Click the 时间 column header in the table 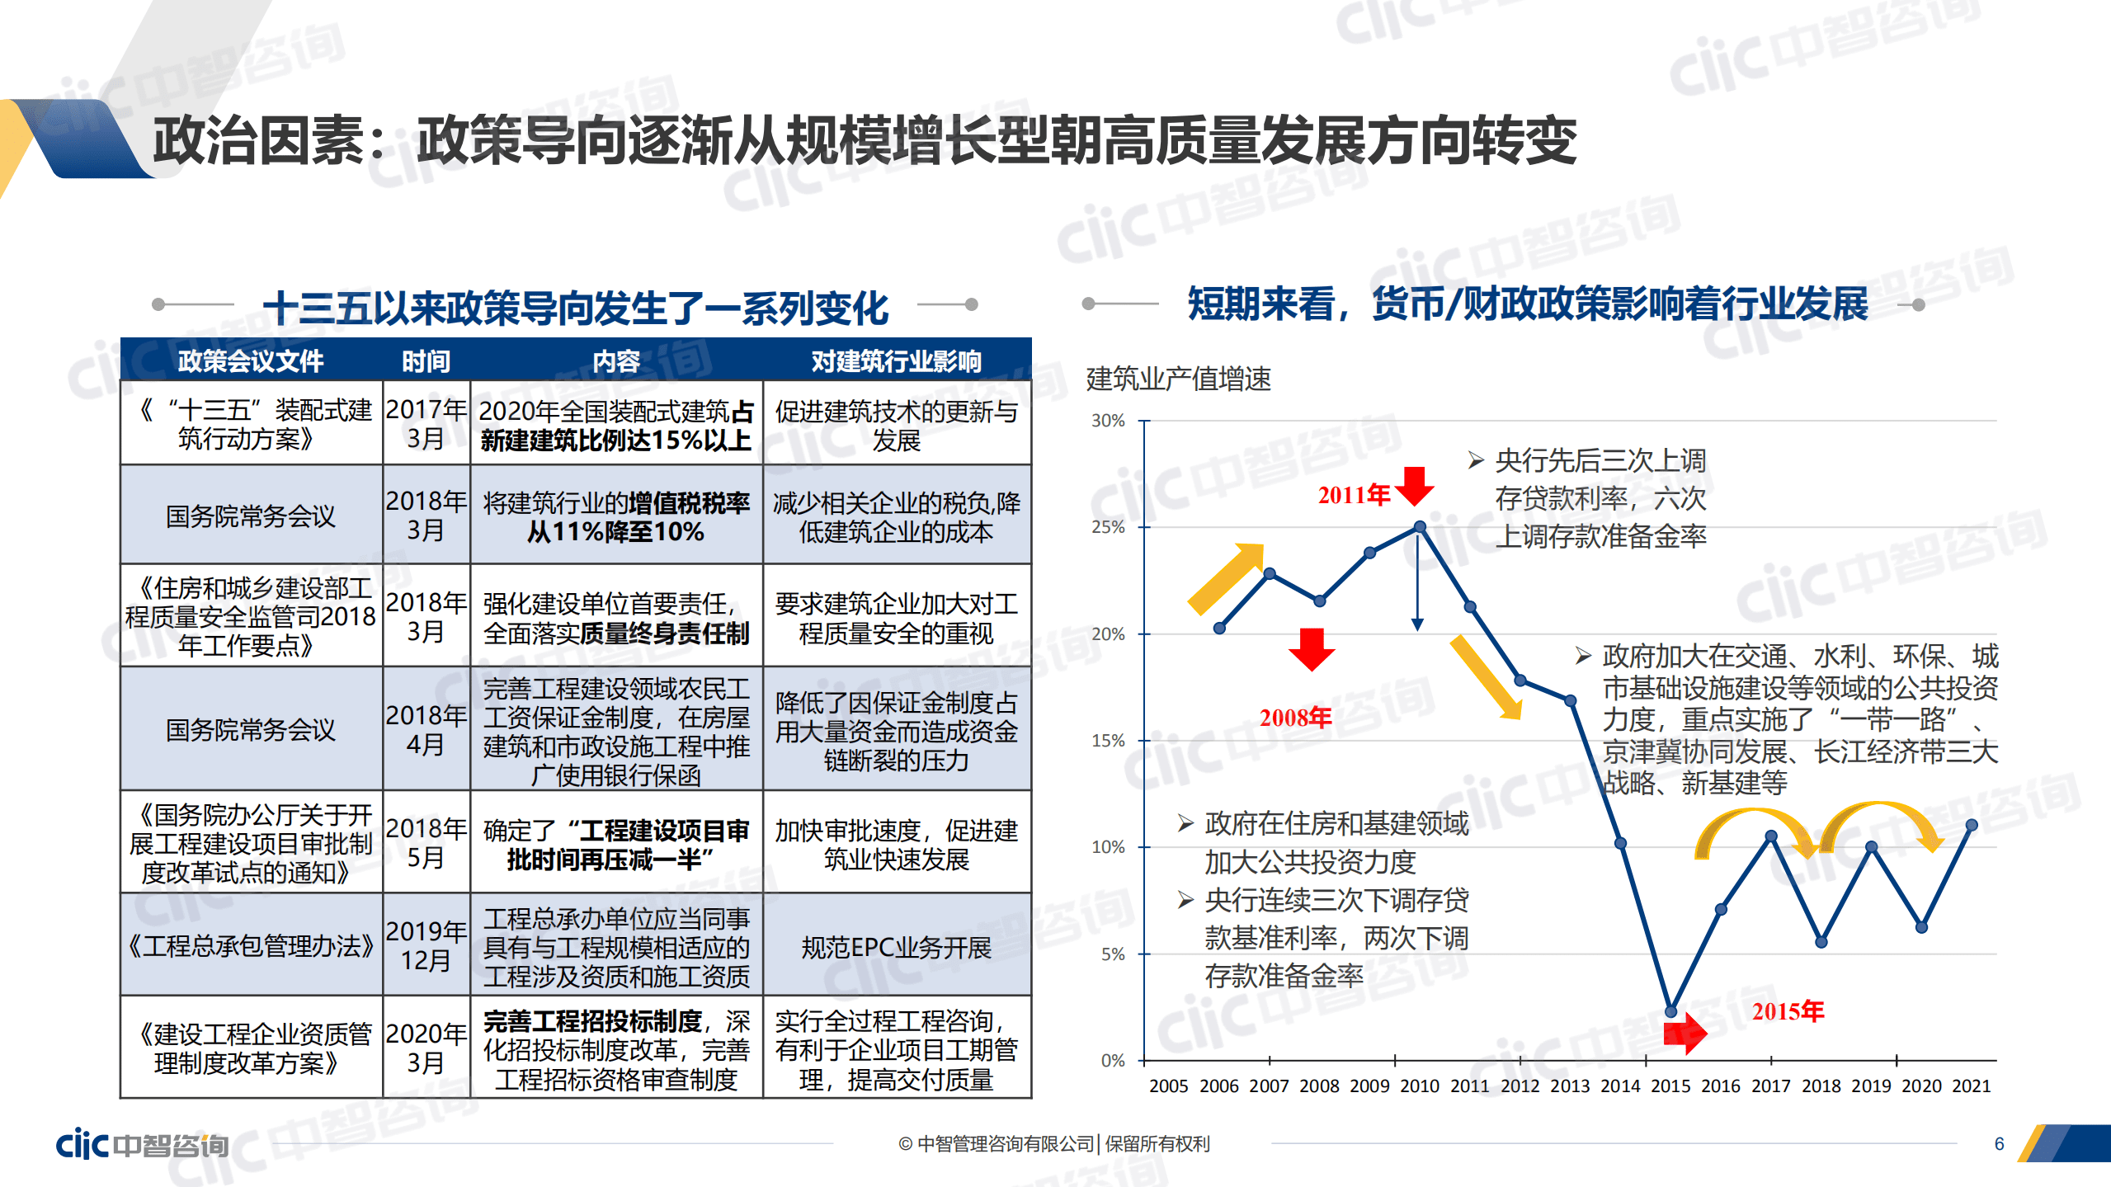tap(426, 360)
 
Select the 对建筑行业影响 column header tap(896, 360)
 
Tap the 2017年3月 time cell tap(426, 423)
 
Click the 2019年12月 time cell tap(426, 945)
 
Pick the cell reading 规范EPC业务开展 tap(896, 947)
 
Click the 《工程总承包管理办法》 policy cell tap(251, 945)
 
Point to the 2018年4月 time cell tap(426, 729)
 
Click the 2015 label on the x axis tap(1670, 1086)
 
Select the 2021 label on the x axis tap(1971, 1086)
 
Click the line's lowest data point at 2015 tap(1670, 1011)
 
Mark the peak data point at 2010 tap(1420, 526)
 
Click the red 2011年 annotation tap(1354, 495)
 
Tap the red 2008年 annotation tap(1295, 717)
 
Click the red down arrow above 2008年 tap(1312, 648)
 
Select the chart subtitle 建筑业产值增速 tap(1178, 379)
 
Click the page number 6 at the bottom tap(1999, 1143)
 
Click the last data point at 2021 tap(1972, 825)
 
